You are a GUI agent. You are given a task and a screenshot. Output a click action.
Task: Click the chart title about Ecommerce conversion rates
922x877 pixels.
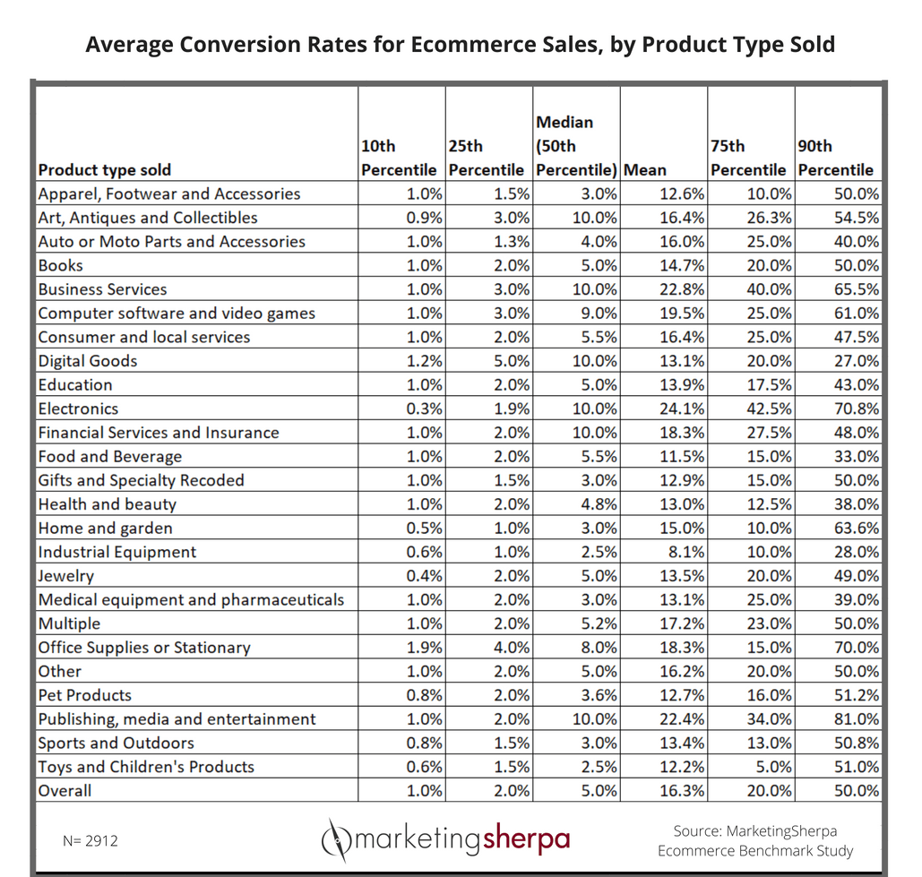[460, 44]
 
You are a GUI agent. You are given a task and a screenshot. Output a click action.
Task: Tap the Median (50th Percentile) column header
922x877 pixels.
[576, 145]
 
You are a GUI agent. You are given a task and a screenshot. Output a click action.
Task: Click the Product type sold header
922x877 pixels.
[105, 169]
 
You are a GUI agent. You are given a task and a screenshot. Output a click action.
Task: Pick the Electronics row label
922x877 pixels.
[78, 408]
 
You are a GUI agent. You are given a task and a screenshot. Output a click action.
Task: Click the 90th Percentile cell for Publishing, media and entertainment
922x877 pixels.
[857, 719]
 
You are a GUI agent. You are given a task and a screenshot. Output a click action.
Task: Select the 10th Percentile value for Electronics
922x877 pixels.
[424, 408]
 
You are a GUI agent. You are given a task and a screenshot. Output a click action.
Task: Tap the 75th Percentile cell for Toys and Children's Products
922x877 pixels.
[772, 767]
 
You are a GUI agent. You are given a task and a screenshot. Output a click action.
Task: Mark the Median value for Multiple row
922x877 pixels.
[599, 623]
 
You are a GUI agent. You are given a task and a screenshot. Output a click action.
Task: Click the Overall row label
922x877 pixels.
[65, 791]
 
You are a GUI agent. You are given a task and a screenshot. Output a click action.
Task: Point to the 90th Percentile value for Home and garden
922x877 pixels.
[857, 528]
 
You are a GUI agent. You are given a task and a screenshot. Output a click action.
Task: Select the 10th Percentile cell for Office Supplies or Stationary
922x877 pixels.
[424, 648]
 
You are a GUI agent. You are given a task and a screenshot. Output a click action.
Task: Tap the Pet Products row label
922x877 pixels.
[84, 695]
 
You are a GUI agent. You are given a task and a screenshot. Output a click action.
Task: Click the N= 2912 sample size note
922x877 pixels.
[90, 840]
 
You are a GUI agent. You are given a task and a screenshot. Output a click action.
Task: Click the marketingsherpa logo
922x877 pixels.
[445, 839]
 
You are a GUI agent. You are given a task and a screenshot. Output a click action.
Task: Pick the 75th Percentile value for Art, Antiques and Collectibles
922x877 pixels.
[770, 218]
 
